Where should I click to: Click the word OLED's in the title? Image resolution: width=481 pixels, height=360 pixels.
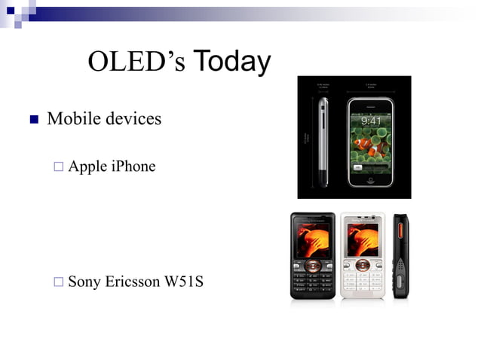(136, 62)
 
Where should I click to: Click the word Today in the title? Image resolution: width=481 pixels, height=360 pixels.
(231, 61)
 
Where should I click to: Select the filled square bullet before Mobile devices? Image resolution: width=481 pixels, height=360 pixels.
(33, 120)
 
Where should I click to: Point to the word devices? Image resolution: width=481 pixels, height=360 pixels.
(134, 119)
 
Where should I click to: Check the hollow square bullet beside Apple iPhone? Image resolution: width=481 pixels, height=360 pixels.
(59, 167)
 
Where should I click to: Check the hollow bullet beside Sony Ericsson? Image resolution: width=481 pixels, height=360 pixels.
(59, 283)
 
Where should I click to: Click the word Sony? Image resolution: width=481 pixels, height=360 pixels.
(84, 282)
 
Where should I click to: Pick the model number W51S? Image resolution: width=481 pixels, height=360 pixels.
(183, 282)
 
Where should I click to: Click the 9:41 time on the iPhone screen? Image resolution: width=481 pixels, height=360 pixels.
(370, 120)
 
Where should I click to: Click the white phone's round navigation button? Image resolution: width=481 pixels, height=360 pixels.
(363, 265)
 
